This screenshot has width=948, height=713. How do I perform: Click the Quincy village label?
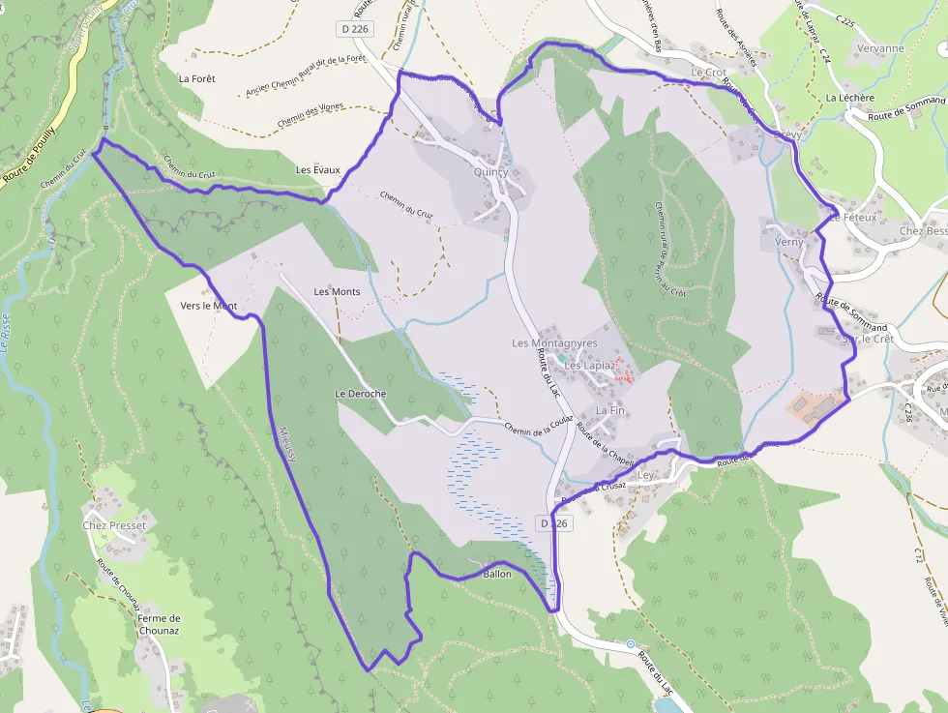(491, 171)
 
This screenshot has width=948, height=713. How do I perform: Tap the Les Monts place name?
(337, 291)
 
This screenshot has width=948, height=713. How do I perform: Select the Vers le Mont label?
(209, 306)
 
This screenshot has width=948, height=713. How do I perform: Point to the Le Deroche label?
(361, 394)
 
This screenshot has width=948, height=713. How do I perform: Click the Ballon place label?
(496, 574)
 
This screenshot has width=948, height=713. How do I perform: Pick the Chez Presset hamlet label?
(114, 525)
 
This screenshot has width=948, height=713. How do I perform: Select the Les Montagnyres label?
(555, 343)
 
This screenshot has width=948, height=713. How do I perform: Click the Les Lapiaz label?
(589, 366)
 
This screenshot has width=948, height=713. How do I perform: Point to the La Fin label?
(610, 410)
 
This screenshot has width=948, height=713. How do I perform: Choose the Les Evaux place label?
(318, 170)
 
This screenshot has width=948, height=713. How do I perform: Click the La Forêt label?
(197, 78)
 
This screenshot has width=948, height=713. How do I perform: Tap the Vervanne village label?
(880, 48)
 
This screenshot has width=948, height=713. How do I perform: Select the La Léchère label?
(849, 98)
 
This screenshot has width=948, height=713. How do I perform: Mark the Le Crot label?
(708, 73)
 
